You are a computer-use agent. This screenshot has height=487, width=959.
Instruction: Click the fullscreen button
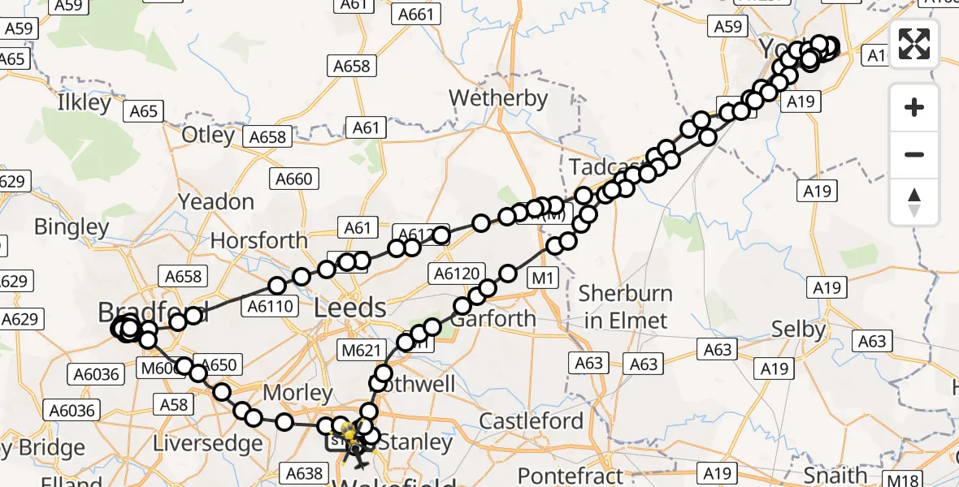click(914, 44)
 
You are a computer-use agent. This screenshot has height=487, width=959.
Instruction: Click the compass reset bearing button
click(914, 202)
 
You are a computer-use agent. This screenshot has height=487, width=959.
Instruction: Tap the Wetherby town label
click(498, 98)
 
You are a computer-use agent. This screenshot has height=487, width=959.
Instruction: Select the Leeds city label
click(350, 308)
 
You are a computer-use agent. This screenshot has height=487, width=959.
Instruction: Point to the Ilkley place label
click(84, 103)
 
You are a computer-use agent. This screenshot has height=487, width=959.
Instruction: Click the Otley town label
click(208, 135)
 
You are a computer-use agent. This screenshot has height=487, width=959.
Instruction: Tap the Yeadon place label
click(215, 201)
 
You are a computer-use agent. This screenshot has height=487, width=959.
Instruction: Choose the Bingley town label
click(72, 227)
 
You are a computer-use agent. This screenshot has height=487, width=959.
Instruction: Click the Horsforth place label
click(258, 240)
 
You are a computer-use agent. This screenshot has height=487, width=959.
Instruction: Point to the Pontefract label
click(571, 475)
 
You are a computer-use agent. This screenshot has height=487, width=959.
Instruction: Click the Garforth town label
click(493, 318)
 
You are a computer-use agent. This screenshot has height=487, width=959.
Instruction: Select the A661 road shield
click(416, 14)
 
